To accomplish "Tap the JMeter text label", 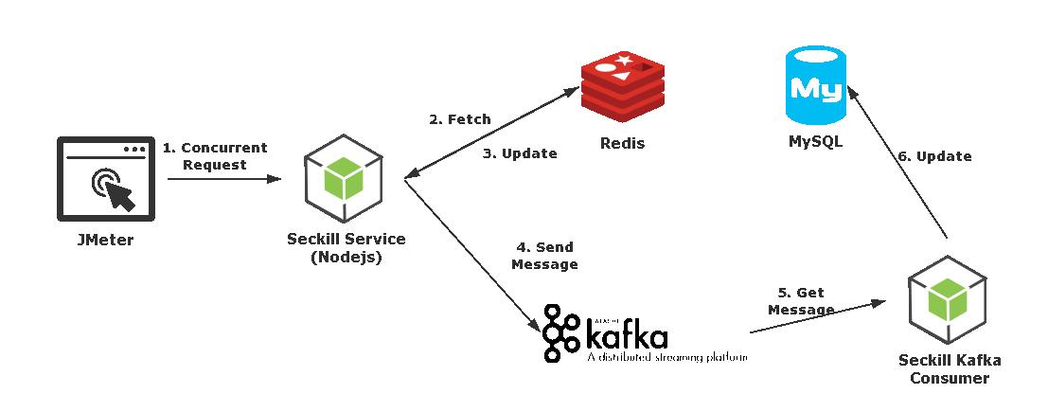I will pyautogui.click(x=104, y=241).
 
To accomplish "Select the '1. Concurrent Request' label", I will pyautogui.click(x=215, y=156).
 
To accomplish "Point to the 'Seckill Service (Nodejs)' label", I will pyautogui.click(x=346, y=248).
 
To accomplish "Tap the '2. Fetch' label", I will pyautogui.click(x=460, y=119).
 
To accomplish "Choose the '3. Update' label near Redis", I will pyautogui.click(x=520, y=152).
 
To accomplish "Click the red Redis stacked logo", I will pyautogui.click(x=623, y=91).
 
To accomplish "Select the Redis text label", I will pyautogui.click(x=623, y=145).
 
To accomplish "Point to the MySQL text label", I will pyautogui.click(x=815, y=145).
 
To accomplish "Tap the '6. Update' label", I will pyautogui.click(x=933, y=156).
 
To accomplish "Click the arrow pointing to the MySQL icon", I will pyautogui.click(x=899, y=161).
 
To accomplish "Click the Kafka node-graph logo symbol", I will pyautogui.click(x=563, y=333).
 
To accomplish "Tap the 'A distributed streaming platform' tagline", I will pyautogui.click(x=666, y=358).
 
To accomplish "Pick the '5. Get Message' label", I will pyautogui.click(x=801, y=301).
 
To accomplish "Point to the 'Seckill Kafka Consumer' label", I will pyautogui.click(x=950, y=369).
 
